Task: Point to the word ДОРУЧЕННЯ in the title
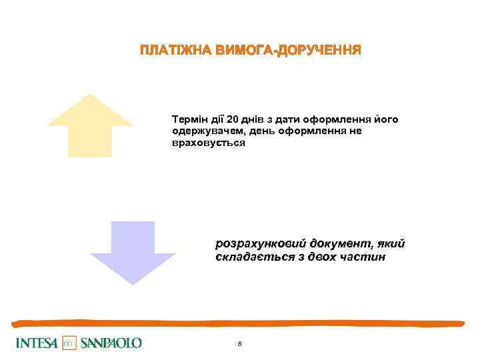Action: tap(319, 51)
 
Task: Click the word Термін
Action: tap(189, 119)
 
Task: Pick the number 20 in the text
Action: tap(232, 119)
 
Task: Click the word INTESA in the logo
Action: tap(37, 343)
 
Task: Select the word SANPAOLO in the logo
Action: tap(111, 343)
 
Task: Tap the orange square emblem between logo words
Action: tap(70, 343)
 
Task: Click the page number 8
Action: tap(239, 344)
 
